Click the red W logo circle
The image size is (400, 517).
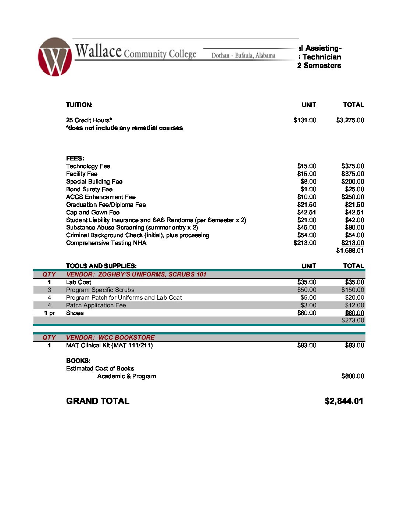click(54, 57)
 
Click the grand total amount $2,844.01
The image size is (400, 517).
click(344, 401)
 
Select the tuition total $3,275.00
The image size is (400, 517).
click(350, 120)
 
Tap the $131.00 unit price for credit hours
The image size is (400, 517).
click(305, 120)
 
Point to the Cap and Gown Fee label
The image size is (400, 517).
click(93, 212)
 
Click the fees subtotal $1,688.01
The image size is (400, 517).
click(350, 250)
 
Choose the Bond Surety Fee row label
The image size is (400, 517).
click(89, 189)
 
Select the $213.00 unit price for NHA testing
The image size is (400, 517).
click(305, 243)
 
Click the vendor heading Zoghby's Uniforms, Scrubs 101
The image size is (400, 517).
click(136, 274)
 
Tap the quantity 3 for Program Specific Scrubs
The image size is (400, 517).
click(49, 290)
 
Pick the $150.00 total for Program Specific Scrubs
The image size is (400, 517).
click(353, 290)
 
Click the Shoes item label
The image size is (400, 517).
click(75, 313)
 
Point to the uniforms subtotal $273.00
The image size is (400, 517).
click(353, 320)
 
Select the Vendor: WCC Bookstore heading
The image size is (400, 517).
click(110, 337)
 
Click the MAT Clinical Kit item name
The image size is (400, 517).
click(109, 345)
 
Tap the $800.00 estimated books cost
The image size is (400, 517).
click(353, 376)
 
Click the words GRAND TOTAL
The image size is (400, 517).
click(98, 401)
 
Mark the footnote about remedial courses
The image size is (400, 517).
click(124, 128)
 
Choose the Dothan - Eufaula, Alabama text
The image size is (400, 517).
click(243, 55)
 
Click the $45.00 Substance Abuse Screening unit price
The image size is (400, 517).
click(307, 227)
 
